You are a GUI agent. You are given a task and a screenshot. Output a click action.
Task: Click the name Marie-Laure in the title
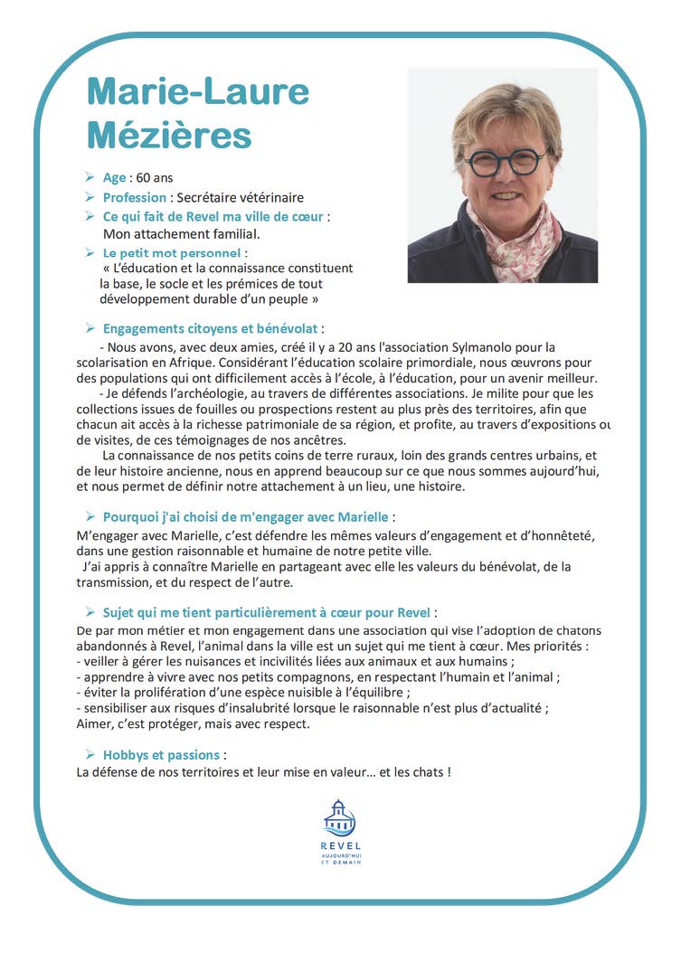(198, 91)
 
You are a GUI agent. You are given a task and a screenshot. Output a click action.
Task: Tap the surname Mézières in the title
(169, 135)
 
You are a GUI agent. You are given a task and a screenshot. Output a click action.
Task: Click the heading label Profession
(135, 197)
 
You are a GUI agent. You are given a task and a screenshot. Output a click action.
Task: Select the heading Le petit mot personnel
(172, 253)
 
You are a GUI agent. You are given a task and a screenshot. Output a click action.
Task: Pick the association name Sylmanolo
(450, 346)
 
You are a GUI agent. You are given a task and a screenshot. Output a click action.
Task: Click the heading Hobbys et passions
(161, 754)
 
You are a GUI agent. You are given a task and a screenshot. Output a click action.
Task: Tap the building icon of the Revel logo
(339, 817)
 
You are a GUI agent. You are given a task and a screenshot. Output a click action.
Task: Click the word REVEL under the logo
(340, 845)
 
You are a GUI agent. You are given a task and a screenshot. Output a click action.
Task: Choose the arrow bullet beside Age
(90, 177)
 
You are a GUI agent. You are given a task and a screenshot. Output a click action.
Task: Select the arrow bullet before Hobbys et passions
(90, 753)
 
